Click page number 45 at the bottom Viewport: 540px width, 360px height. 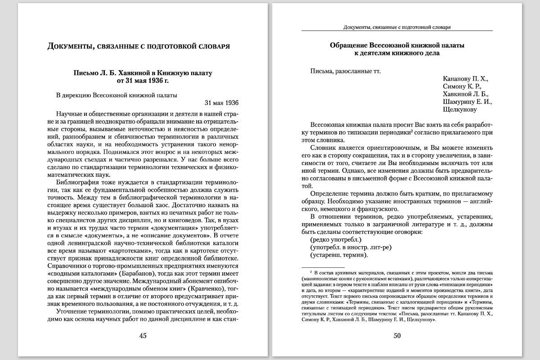click(x=143, y=335)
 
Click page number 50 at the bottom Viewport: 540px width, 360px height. click(x=397, y=335)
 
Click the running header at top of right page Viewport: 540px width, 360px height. click(x=397, y=27)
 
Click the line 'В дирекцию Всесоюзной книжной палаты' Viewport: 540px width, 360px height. click(x=117, y=95)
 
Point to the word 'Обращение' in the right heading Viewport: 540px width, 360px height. click(x=349, y=45)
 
